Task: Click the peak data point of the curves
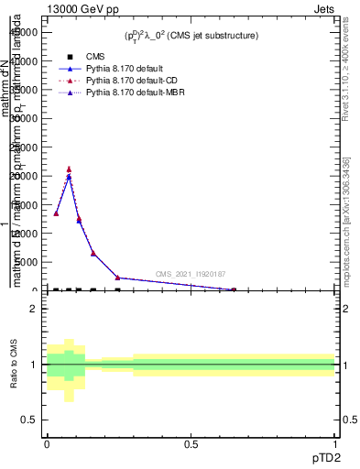69,169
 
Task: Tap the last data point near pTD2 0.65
234,289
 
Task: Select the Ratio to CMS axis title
14,364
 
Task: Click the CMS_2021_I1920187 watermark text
190,274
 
